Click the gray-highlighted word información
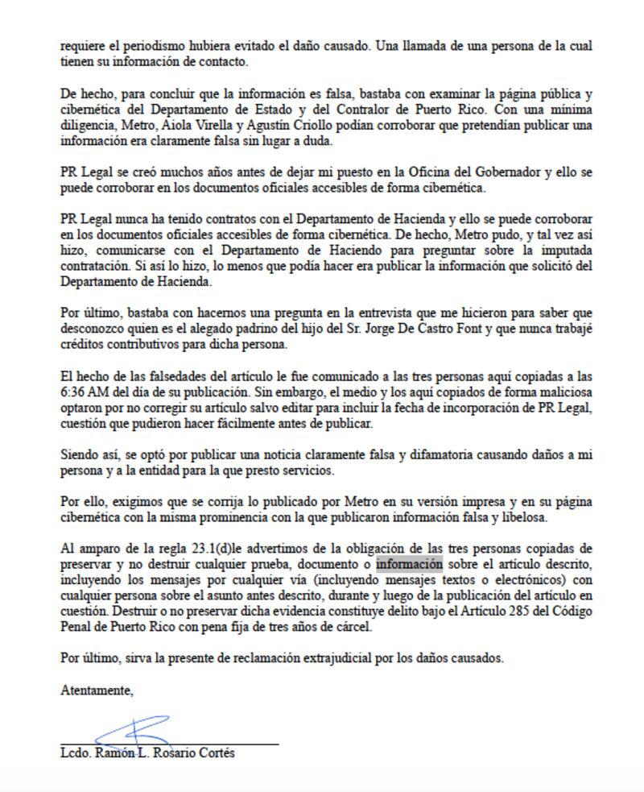click(410, 565)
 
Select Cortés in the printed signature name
click(215, 753)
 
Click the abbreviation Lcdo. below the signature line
click(76, 753)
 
